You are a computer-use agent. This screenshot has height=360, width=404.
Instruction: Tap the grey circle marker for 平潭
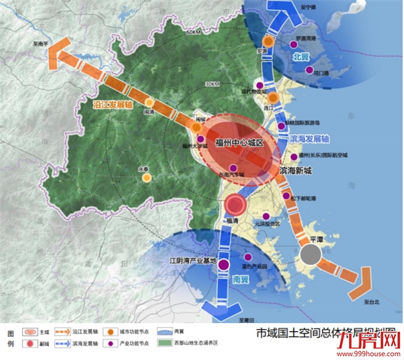click(x=310, y=255)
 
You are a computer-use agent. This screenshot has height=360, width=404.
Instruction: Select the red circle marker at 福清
click(x=235, y=206)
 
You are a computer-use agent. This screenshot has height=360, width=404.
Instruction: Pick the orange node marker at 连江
click(x=273, y=98)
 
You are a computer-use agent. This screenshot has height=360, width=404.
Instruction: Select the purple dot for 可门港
click(x=308, y=68)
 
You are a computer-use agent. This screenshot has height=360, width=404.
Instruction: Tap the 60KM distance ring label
click(x=195, y=32)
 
